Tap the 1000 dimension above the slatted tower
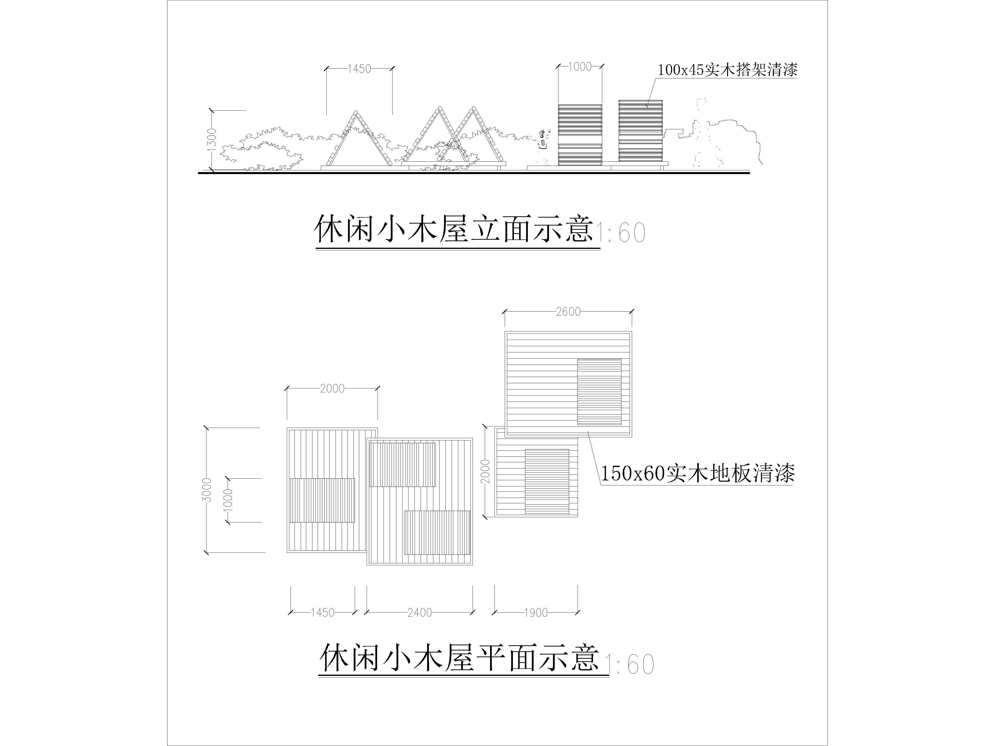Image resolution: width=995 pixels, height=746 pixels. pos(580,67)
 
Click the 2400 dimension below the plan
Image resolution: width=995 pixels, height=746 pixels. pos(420,612)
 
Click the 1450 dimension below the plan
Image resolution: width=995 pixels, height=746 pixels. pos(323,612)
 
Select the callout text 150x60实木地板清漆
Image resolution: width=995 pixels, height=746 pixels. pos(698,473)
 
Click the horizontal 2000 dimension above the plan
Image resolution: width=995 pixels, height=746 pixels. pos(332,388)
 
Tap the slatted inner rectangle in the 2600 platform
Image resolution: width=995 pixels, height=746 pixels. pos(599,392)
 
